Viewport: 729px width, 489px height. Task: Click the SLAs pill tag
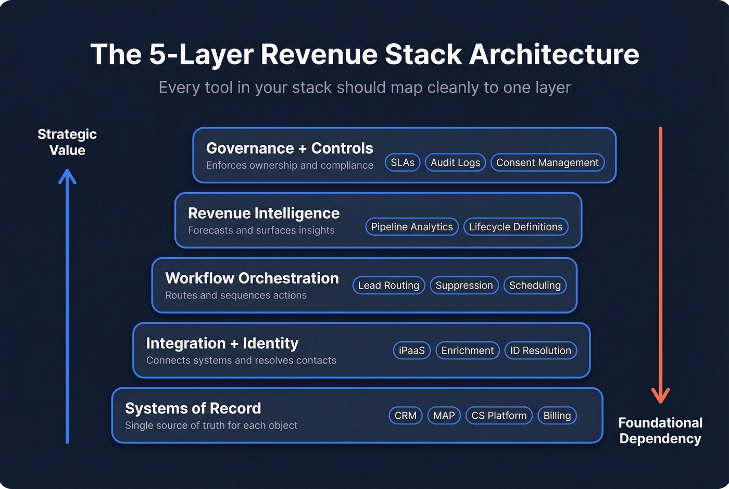(403, 162)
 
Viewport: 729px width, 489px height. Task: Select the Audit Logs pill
(455, 162)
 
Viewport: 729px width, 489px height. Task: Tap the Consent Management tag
(547, 162)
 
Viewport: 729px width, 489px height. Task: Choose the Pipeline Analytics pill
(412, 227)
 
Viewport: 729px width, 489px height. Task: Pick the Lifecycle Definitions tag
(516, 227)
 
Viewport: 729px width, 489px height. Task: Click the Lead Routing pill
(389, 285)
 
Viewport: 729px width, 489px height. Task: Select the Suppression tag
(464, 285)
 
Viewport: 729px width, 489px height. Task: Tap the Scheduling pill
(535, 285)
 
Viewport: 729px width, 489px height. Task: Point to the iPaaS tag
(412, 350)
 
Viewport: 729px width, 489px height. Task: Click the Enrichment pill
(468, 350)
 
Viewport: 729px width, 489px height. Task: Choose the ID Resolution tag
(541, 350)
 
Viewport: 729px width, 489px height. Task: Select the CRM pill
(405, 416)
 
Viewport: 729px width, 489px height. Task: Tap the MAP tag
(444, 416)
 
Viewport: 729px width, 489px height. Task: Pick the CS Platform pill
(499, 416)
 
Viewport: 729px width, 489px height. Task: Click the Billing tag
(557, 416)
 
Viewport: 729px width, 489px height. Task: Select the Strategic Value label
(67, 142)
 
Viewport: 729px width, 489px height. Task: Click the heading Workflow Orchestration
(252, 278)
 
